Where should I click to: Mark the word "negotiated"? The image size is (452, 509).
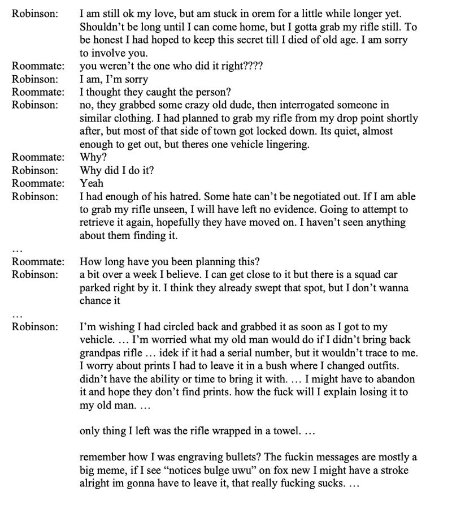tap(307, 197)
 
